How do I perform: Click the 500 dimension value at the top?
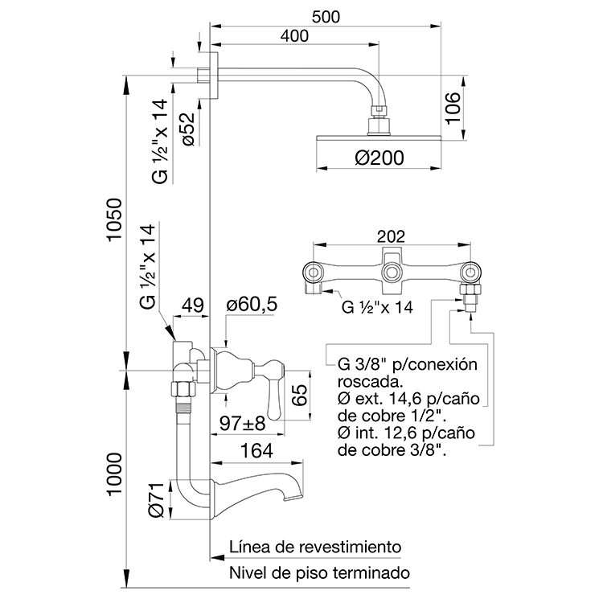tap(326, 17)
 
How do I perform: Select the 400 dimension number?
tap(294, 35)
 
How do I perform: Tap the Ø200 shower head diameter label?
tap(379, 158)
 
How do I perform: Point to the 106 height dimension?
tap(453, 108)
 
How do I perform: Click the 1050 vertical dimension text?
tap(114, 219)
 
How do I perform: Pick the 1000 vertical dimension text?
tap(114, 474)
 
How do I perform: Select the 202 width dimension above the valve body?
tap(391, 236)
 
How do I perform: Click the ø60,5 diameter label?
tap(252, 304)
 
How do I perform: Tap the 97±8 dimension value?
tap(242, 424)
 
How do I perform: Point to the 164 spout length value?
tap(256, 450)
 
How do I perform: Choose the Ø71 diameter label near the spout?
tap(157, 499)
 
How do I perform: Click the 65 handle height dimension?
tap(300, 395)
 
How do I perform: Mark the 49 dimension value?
tap(192, 306)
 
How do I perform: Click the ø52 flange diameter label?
tap(188, 129)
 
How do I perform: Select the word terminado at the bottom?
tap(371, 572)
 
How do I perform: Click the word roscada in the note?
tap(369, 382)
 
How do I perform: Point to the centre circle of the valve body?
tap(392, 273)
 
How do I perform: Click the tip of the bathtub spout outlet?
tap(293, 498)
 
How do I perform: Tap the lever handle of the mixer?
tap(274, 389)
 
